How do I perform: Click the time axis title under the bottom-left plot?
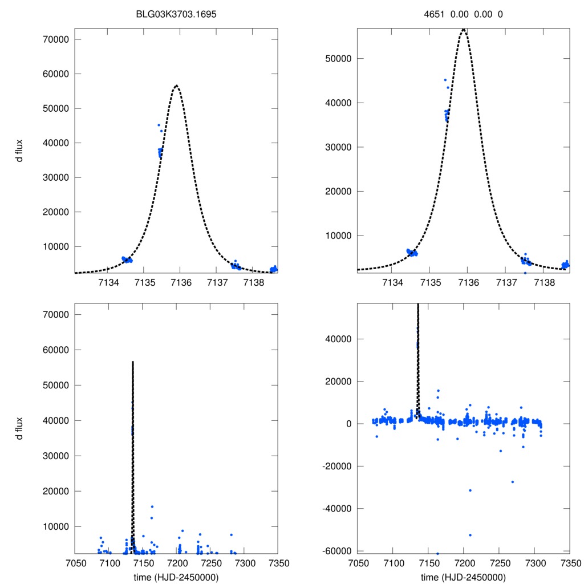[x=176, y=577]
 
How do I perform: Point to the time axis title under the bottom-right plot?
[x=463, y=577]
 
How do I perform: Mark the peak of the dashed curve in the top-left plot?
[x=176, y=86]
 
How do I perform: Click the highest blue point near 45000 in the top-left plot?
[x=159, y=125]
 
